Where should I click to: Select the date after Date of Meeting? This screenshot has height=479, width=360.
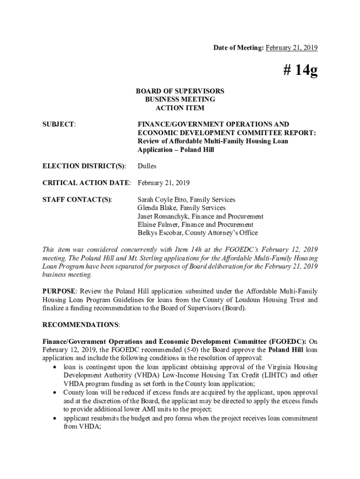click(x=292, y=48)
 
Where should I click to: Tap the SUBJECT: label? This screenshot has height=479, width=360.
click(x=59, y=124)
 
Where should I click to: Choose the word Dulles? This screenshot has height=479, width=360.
click(x=147, y=166)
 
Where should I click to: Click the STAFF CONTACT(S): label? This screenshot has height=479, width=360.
click(x=77, y=200)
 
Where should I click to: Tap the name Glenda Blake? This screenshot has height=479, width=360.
click(x=156, y=208)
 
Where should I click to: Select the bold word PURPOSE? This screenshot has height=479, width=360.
click(x=59, y=291)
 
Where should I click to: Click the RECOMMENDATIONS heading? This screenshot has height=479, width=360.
click(x=80, y=325)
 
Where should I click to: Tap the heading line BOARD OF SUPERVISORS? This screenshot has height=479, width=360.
click(x=180, y=91)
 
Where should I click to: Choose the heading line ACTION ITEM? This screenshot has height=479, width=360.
click(x=180, y=108)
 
